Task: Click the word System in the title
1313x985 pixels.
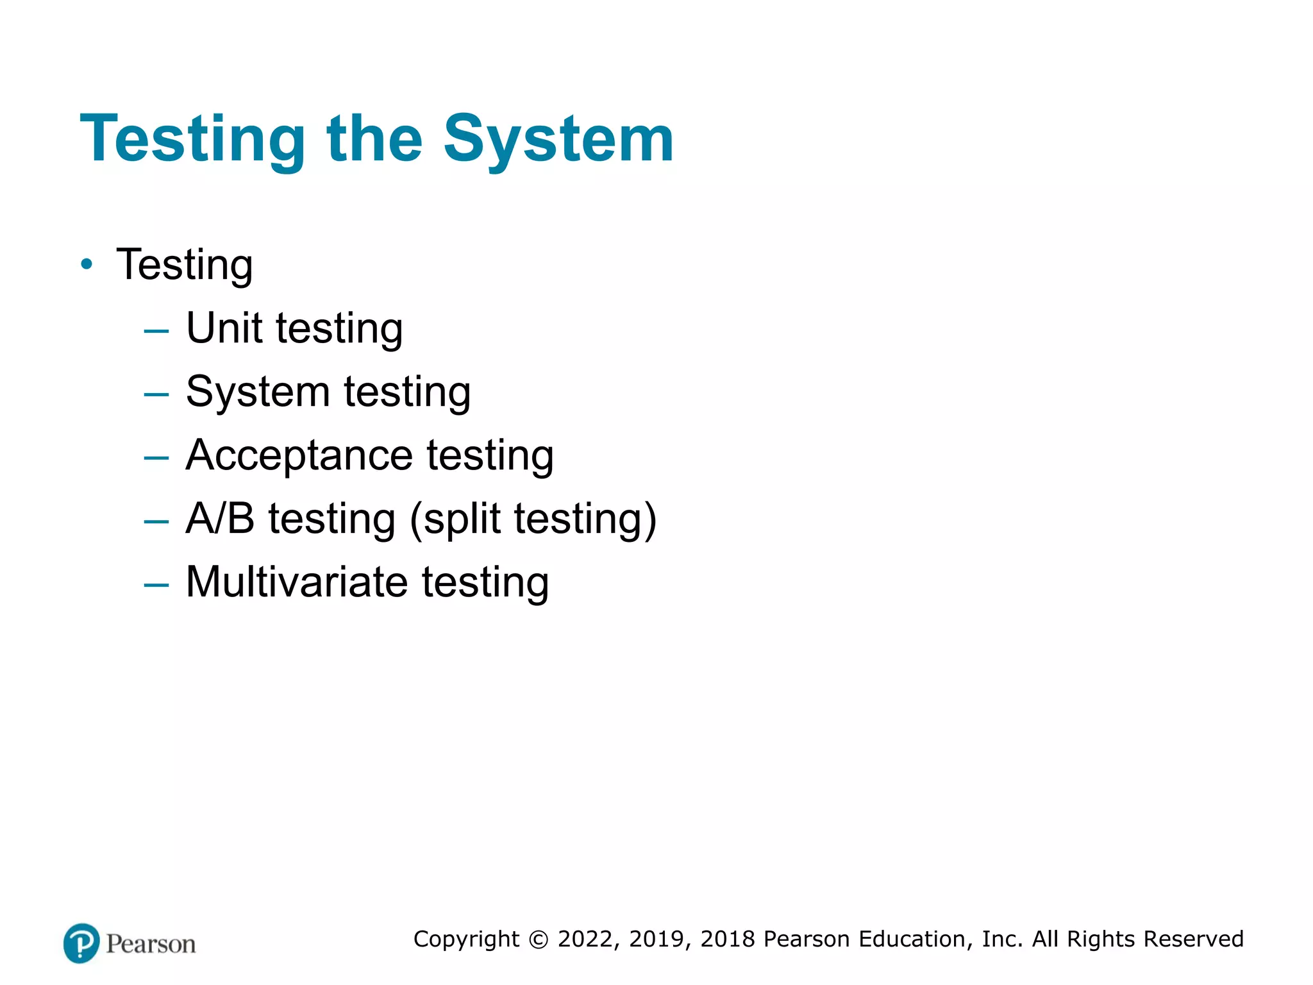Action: point(558,139)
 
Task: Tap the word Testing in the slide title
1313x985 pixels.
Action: point(192,139)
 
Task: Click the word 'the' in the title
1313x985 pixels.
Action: point(374,139)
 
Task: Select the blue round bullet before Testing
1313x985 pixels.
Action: point(87,264)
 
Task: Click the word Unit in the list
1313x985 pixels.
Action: point(224,328)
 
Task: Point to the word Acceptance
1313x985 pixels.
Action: point(299,455)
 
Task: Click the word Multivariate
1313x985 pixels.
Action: point(296,582)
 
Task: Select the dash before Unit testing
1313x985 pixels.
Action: point(156,331)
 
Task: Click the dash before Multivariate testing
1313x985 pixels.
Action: point(156,585)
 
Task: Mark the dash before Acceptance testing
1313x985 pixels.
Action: point(156,458)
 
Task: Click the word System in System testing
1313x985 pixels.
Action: point(258,392)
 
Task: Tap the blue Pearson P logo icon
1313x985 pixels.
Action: point(81,943)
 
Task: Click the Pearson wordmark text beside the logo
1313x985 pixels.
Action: point(151,944)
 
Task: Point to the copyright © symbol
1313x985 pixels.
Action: point(539,939)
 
